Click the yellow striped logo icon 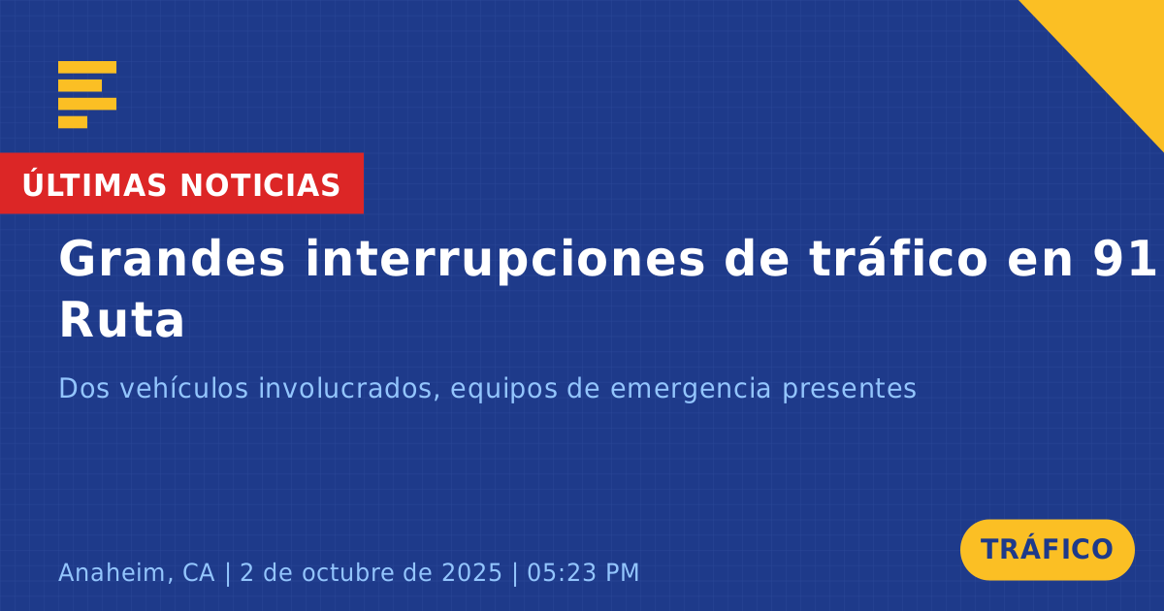click(x=87, y=95)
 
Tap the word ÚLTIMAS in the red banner click(x=94, y=183)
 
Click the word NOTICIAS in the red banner click(x=260, y=185)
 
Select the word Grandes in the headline click(x=172, y=258)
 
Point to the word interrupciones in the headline click(x=504, y=261)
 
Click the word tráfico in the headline click(x=897, y=258)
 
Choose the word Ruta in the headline click(x=121, y=320)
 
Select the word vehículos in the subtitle click(x=184, y=388)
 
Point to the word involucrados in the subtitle click(x=345, y=389)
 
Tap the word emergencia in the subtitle click(x=690, y=390)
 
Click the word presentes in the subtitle click(x=849, y=390)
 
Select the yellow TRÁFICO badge click(x=1047, y=549)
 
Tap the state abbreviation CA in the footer click(x=199, y=572)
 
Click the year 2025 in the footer click(x=471, y=572)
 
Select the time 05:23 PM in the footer click(x=583, y=572)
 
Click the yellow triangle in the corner click(x=1117, y=47)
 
